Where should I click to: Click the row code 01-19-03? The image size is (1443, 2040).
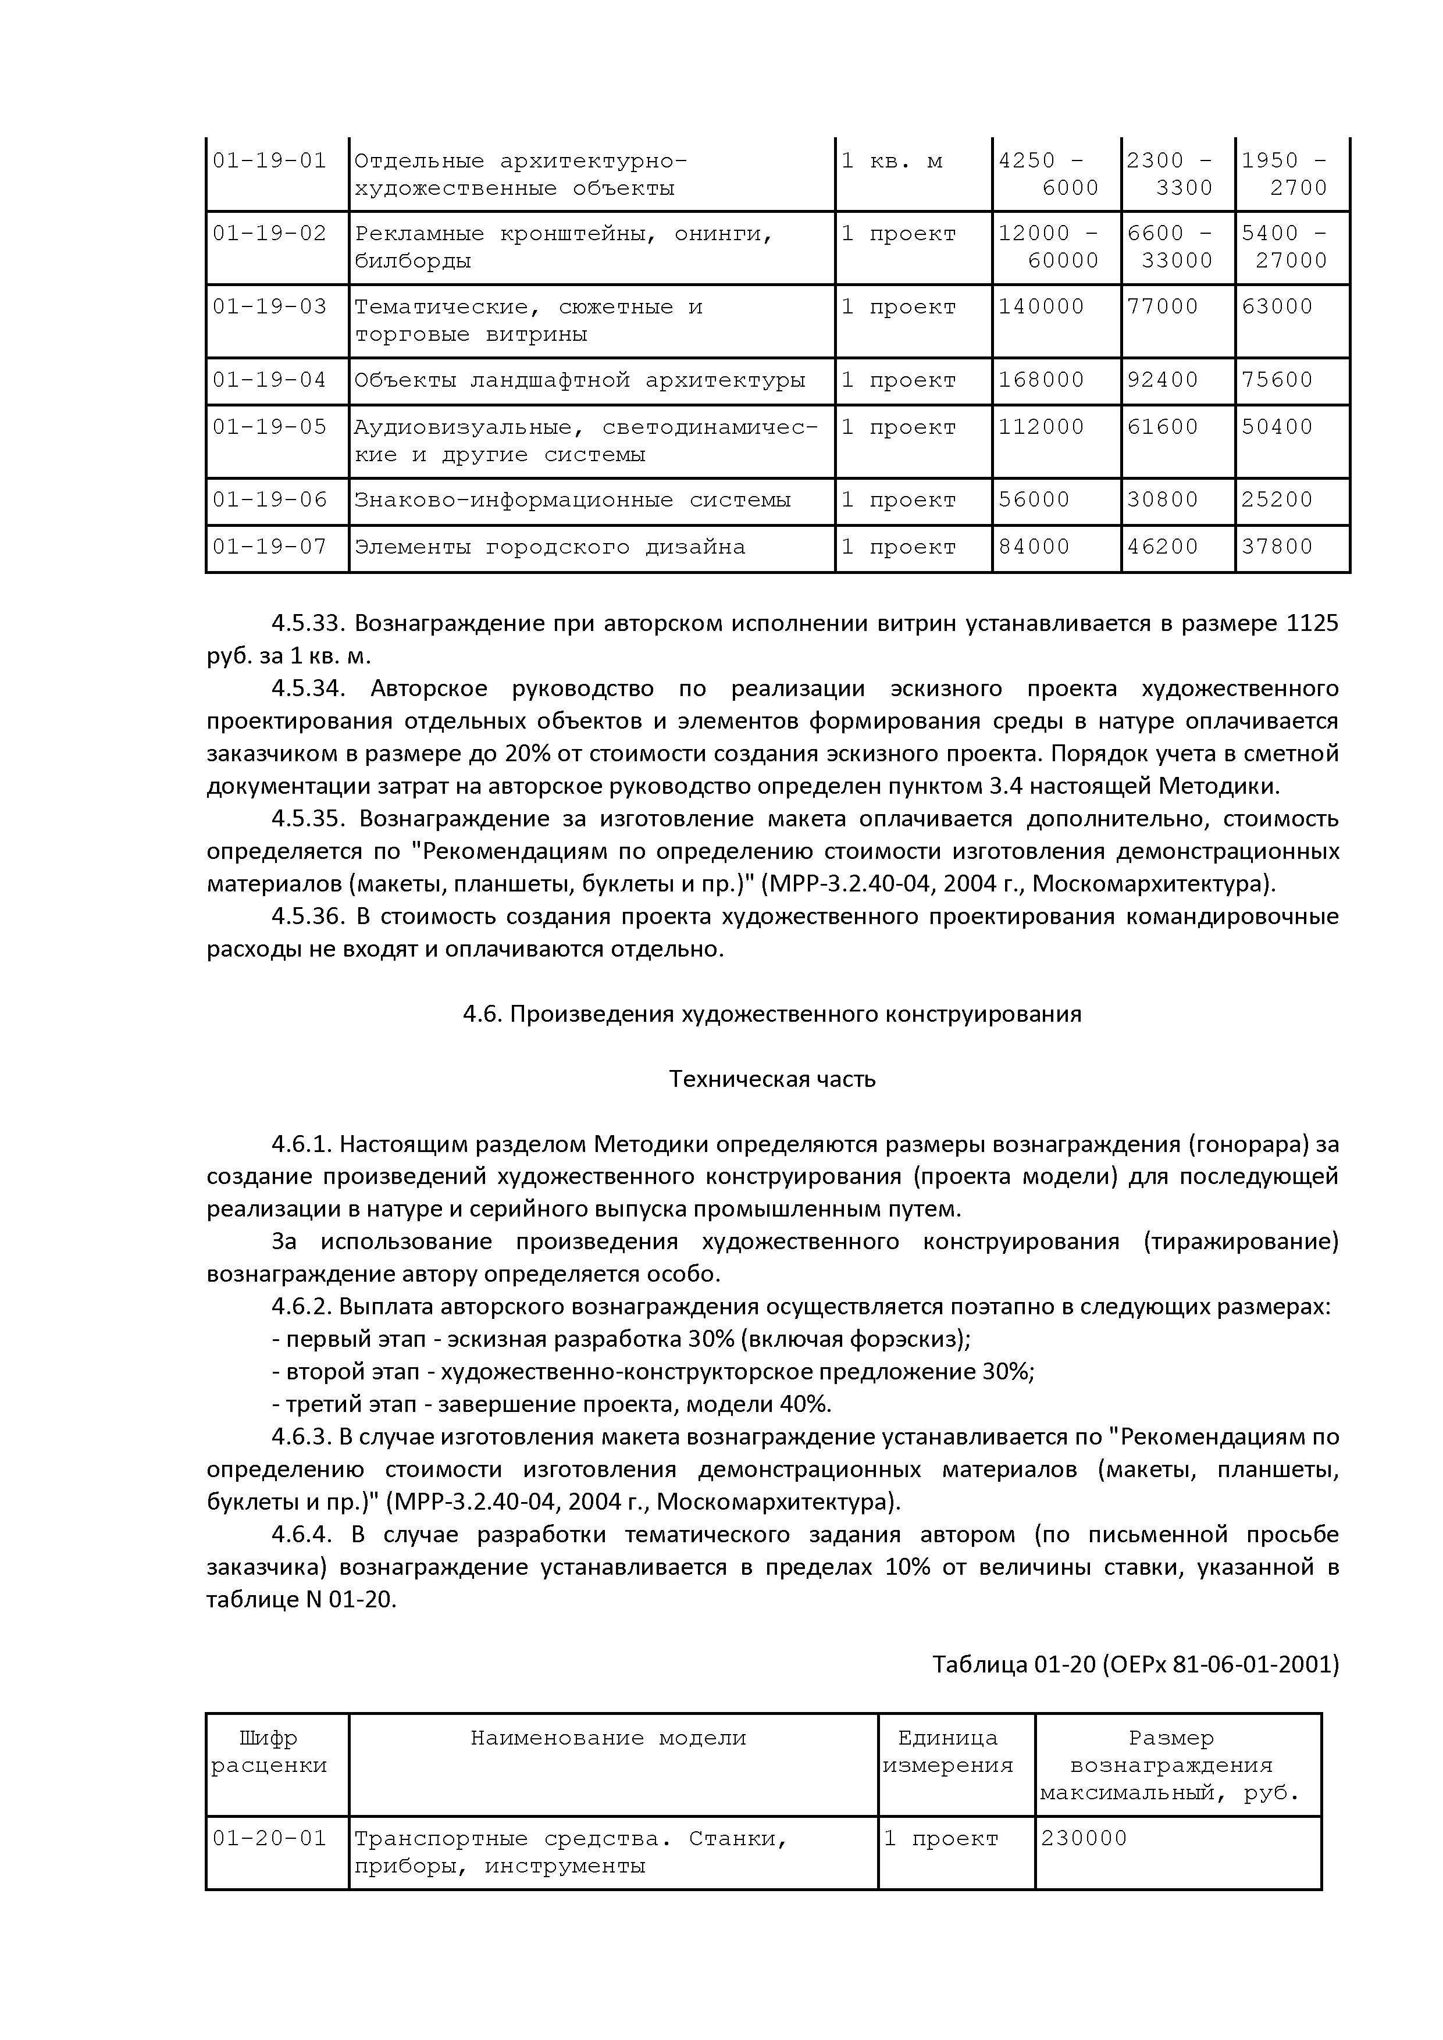click(269, 306)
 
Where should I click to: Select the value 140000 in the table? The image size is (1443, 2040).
click(1041, 306)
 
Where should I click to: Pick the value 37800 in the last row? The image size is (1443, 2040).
click(1276, 547)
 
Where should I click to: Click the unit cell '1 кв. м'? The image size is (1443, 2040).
click(891, 161)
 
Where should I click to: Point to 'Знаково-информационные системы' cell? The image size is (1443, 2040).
click(572, 500)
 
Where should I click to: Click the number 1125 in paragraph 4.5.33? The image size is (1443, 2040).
click(1312, 624)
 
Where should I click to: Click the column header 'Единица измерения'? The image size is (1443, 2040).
click(947, 1751)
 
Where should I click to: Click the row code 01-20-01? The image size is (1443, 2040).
click(269, 1838)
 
